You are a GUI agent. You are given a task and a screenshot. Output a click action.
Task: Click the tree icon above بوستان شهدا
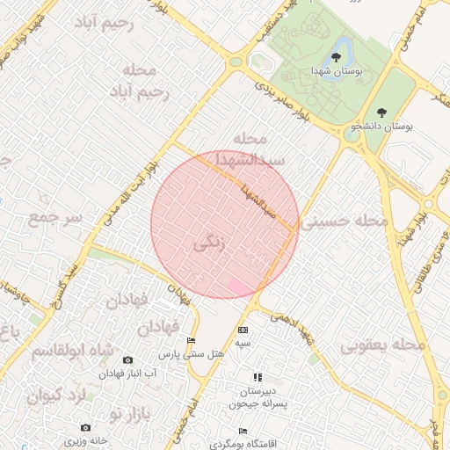click(x=336, y=57)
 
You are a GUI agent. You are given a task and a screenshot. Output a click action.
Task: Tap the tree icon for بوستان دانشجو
click(x=381, y=112)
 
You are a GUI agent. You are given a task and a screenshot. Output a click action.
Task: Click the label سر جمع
click(x=54, y=216)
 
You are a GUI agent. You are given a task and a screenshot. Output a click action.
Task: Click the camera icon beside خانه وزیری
click(x=73, y=428)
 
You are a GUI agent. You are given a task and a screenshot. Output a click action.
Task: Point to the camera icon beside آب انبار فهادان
click(x=128, y=359)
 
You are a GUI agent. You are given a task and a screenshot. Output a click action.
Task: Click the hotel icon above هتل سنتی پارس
click(x=192, y=341)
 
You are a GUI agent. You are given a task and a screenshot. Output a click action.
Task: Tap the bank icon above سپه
click(x=242, y=330)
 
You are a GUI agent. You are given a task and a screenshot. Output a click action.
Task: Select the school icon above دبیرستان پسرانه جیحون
click(x=258, y=377)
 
